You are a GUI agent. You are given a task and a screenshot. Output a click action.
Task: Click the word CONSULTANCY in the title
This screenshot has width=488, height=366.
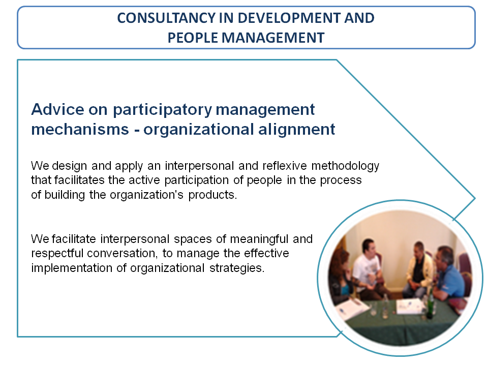click(166, 18)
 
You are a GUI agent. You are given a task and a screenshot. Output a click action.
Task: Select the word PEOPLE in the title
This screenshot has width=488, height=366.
click(193, 38)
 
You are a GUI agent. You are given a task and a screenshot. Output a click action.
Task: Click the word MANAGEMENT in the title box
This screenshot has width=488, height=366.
click(273, 38)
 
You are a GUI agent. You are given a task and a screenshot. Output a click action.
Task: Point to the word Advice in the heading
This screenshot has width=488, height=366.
click(58, 109)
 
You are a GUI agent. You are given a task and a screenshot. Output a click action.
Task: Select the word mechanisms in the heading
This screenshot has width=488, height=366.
click(80, 129)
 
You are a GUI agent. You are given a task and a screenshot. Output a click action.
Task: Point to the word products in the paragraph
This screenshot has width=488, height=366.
click(212, 195)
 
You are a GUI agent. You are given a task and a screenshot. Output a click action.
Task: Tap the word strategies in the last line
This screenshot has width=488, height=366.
click(236, 268)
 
